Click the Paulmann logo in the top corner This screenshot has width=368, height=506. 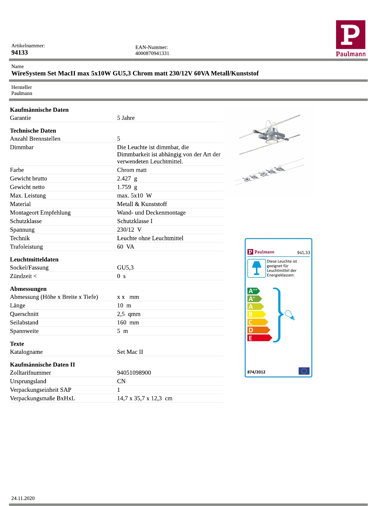tap(351, 39)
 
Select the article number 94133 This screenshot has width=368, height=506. tap(20, 53)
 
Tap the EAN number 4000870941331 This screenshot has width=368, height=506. tap(152, 53)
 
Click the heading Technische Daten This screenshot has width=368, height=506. tap(33, 131)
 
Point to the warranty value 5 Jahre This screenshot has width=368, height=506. tap(126, 118)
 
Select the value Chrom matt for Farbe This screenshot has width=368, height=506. tap(132, 170)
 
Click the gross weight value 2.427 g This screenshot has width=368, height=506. tap(127, 178)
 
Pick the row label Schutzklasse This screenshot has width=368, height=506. tap(26, 221)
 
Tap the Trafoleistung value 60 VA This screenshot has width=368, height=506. tap(125, 247)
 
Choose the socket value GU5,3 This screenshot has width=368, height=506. tap(125, 268)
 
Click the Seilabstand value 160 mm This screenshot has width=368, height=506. tap(128, 322)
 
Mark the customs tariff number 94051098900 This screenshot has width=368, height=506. tap(134, 373)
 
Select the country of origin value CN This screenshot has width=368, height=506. tap(121, 381)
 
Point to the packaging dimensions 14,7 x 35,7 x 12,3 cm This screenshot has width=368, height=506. tap(145, 398)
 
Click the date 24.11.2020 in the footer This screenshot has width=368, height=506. tap(23, 498)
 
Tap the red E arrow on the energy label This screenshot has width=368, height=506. tap(259, 338)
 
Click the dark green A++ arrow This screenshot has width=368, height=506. tap(253, 291)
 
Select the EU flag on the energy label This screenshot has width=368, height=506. tap(304, 371)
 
